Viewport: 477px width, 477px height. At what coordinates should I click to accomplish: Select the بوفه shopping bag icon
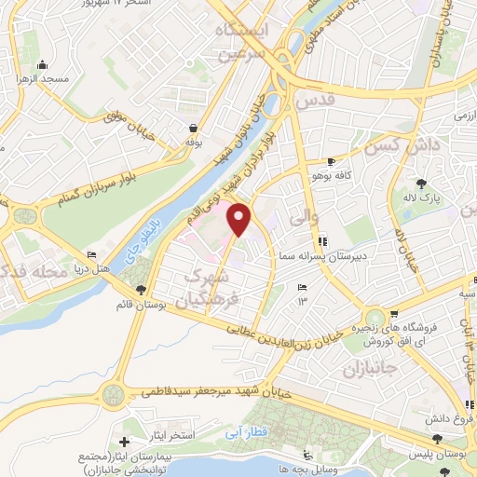pos(193,129)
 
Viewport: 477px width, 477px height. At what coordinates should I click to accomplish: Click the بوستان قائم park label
pos(140,305)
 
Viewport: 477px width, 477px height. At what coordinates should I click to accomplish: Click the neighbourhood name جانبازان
pos(371,361)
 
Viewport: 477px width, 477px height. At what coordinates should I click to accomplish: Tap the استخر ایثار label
pos(170,435)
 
